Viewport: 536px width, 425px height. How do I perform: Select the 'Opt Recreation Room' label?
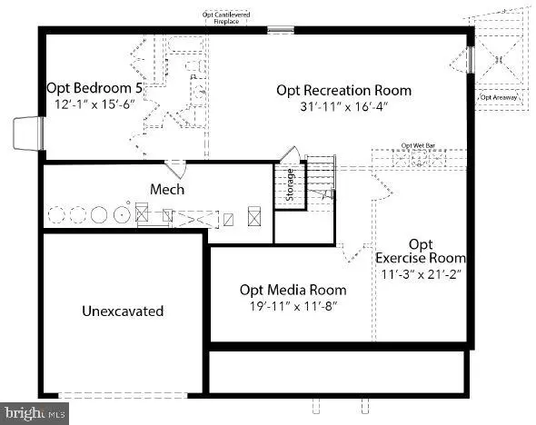343,90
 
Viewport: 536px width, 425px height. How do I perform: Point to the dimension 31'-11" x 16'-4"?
343,105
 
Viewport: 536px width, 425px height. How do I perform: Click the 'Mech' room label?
167,189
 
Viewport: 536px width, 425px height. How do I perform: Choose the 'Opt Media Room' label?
293,290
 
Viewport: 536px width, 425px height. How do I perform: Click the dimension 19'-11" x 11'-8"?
293,306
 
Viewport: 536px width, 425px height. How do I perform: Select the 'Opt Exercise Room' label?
420,251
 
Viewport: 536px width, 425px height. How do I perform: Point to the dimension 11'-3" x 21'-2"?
420,273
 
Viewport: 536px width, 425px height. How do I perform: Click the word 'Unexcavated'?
123,311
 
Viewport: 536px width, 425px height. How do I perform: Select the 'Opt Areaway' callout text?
499,96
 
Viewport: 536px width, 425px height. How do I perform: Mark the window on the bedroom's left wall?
27,133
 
